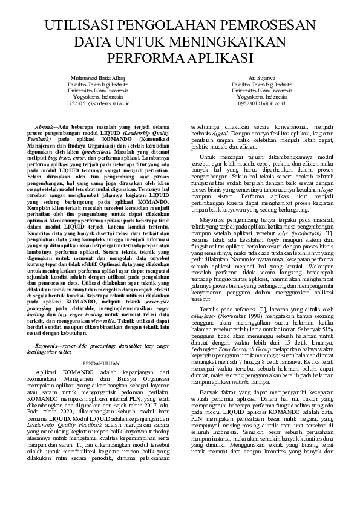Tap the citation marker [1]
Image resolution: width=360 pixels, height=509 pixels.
(x=327, y=233)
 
